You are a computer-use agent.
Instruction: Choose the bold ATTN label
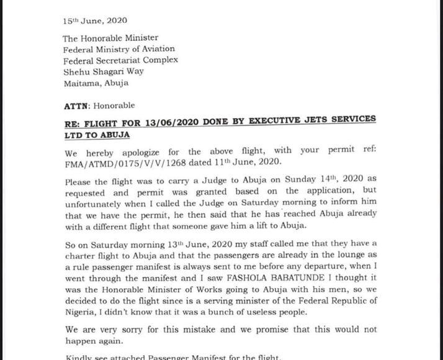(x=76, y=106)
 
